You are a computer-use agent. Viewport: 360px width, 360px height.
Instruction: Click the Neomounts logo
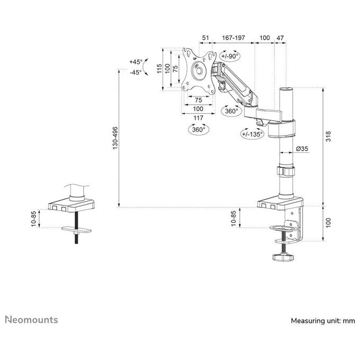[31, 320]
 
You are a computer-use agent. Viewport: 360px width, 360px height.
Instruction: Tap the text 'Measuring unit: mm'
[323, 321]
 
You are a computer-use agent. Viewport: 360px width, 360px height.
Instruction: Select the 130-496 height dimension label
[115, 138]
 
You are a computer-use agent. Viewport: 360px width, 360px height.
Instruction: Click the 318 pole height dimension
[328, 136]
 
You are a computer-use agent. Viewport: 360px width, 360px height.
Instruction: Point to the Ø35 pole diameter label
[302, 149]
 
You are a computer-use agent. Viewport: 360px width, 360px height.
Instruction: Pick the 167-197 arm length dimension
[233, 38]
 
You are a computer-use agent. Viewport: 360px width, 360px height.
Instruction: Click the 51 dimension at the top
[205, 38]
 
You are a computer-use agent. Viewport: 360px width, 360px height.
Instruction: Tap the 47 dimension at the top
[280, 38]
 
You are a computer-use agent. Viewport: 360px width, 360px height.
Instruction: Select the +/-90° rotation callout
[230, 56]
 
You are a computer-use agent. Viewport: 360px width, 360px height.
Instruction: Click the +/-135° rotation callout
[252, 133]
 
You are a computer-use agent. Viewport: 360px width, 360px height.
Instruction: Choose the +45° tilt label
[136, 62]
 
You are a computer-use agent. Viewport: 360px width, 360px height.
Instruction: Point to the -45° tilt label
[136, 73]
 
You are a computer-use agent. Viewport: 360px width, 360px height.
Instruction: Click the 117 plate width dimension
[198, 118]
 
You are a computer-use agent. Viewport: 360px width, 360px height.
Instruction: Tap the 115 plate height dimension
[159, 69]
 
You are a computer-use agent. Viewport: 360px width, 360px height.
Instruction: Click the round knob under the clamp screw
[283, 257]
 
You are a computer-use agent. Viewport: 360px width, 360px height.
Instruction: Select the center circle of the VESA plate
[199, 71]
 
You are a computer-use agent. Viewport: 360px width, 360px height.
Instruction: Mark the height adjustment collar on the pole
[286, 171]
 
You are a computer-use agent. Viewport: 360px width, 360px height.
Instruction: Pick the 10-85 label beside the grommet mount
[34, 219]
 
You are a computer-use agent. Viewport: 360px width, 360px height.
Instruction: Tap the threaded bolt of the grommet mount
[76, 227]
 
